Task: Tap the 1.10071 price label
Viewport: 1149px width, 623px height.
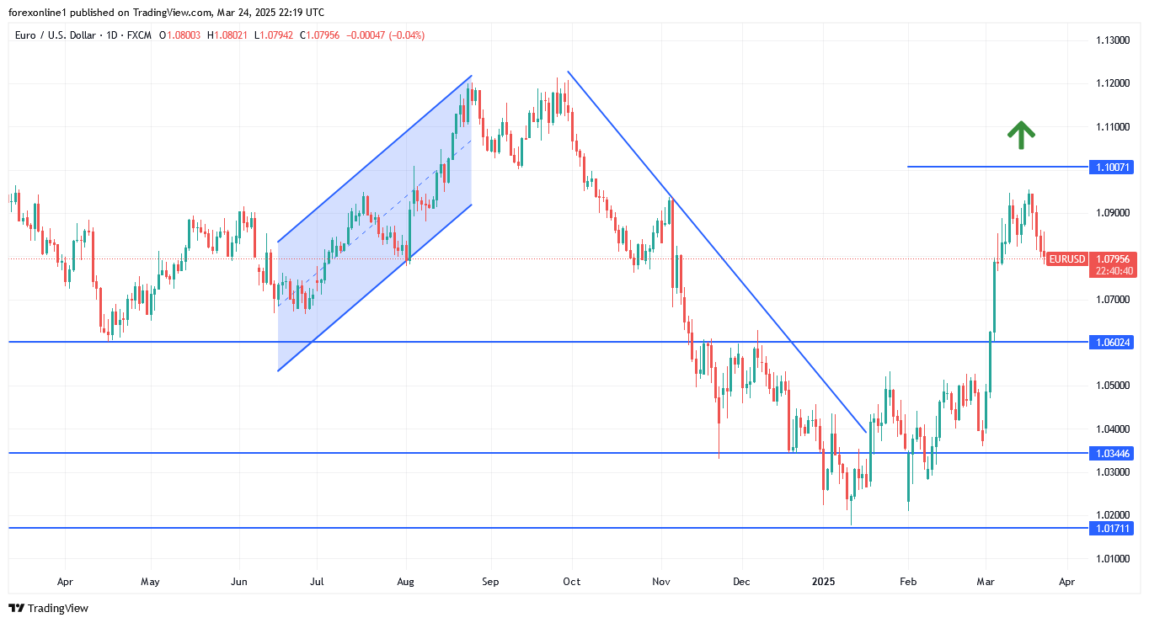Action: [1111, 168]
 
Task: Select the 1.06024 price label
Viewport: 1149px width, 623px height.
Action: [1111, 343]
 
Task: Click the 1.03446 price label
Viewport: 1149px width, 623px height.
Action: [1111, 454]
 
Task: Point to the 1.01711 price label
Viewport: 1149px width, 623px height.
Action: [1111, 529]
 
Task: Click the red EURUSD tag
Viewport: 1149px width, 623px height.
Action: [1066, 259]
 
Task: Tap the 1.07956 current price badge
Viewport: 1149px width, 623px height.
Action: [1112, 259]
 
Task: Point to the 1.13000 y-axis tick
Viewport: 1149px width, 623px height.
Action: [1112, 40]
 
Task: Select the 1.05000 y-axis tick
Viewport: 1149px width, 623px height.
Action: [1112, 386]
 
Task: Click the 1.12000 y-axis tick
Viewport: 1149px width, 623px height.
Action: [1112, 83]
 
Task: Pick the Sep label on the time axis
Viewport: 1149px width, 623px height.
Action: [490, 581]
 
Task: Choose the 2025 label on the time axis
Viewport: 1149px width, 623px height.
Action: [823, 581]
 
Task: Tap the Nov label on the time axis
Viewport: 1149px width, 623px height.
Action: [661, 581]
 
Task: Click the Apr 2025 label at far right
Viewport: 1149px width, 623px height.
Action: [1066, 581]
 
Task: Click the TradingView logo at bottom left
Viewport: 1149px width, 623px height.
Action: [48, 608]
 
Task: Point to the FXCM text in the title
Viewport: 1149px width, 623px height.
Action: [138, 35]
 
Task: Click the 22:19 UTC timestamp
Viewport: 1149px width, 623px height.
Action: [297, 13]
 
